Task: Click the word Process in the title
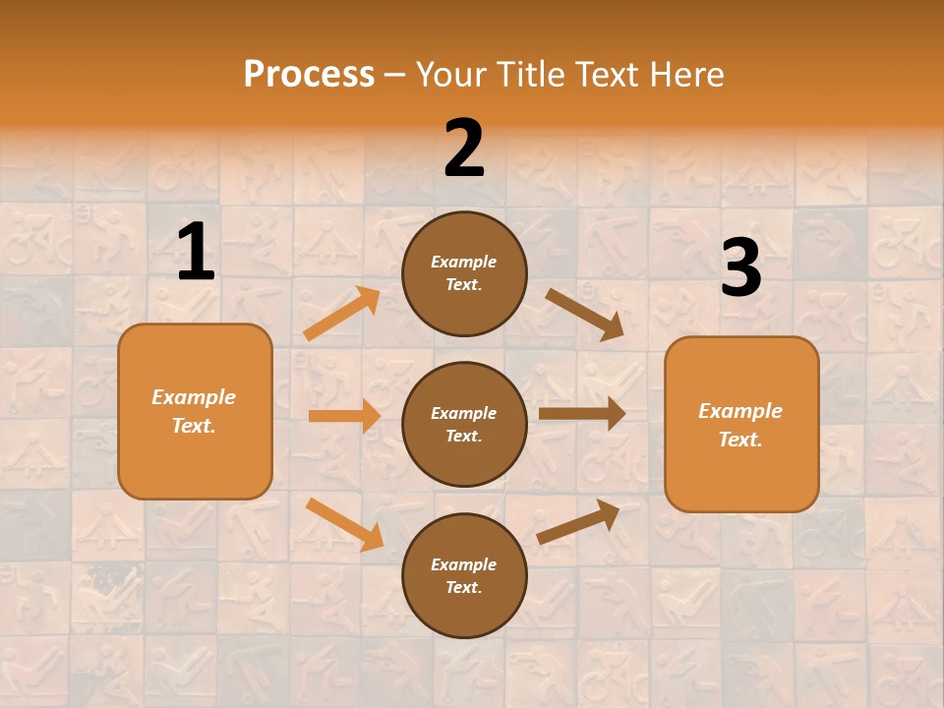click(309, 74)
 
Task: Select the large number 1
click(196, 253)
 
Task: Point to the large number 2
click(464, 148)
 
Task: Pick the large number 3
click(740, 268)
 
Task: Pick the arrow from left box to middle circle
click(344, 416)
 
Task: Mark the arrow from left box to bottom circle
click(344, 523)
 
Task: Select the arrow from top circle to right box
click(585, 314)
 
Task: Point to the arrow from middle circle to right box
click(582, 413)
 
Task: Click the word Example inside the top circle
click(464, 262)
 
